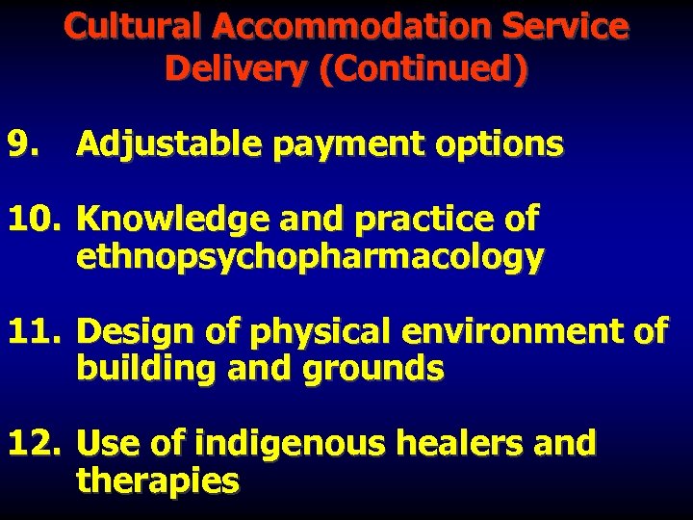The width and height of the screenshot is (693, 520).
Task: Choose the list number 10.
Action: tap(37, 220)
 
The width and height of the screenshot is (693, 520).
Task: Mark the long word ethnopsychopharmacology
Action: tap(310, 258)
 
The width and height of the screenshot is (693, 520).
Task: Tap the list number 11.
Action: tap(37, 332)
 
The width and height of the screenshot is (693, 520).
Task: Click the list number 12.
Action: tap(37, 444)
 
